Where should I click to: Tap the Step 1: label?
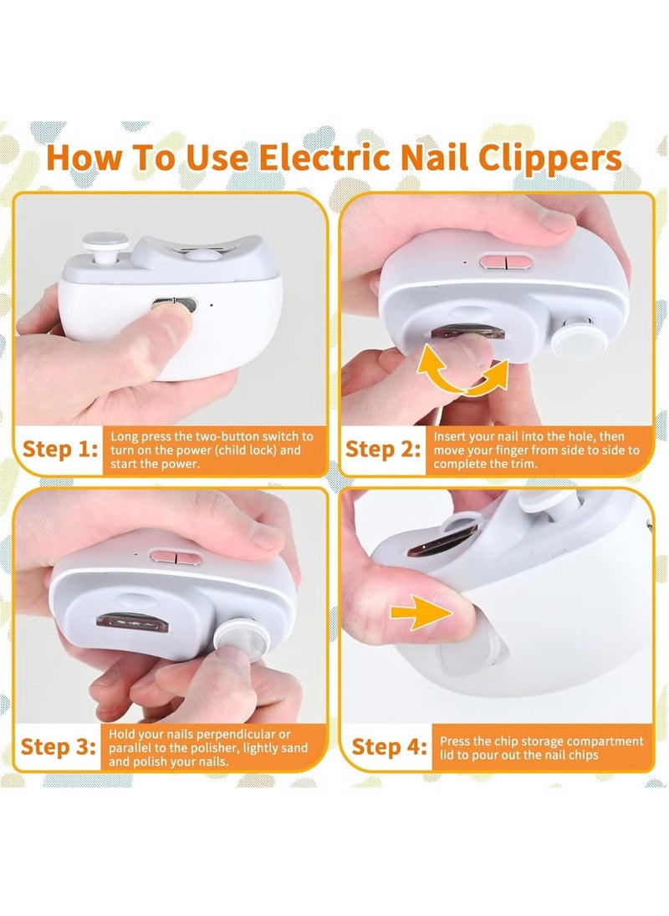(59, 450)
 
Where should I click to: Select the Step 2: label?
(382, 450)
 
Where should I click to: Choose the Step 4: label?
(387, 746)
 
